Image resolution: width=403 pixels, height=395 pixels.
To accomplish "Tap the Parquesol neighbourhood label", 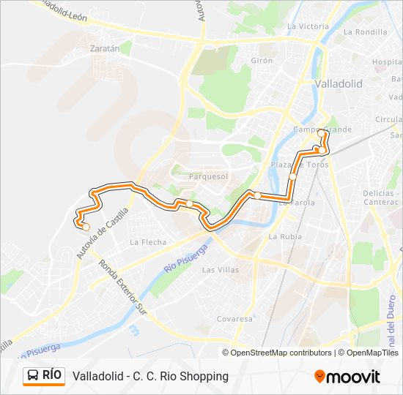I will (209, 176).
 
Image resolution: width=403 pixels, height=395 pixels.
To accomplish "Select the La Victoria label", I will (308, 26).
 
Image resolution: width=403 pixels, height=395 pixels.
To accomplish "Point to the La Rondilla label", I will (364, 31).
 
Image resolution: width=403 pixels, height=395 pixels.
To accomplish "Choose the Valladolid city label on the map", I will (338, 84).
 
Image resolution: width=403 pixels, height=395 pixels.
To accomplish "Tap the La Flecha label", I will (148, 242).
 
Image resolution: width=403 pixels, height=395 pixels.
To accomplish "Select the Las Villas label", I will (220, 270).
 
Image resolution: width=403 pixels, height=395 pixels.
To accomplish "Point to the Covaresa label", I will (234, 319).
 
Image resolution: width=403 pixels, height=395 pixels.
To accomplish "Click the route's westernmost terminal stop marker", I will (86, 227).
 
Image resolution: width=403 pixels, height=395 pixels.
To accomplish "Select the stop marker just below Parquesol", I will (190, 203).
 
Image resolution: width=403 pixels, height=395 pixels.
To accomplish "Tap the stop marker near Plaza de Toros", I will (292, 176).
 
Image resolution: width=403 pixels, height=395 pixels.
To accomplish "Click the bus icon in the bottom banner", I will (33, 376).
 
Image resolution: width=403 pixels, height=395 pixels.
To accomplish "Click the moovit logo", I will (347, 377).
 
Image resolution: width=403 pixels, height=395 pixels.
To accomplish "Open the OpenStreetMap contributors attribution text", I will (281, 353).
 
